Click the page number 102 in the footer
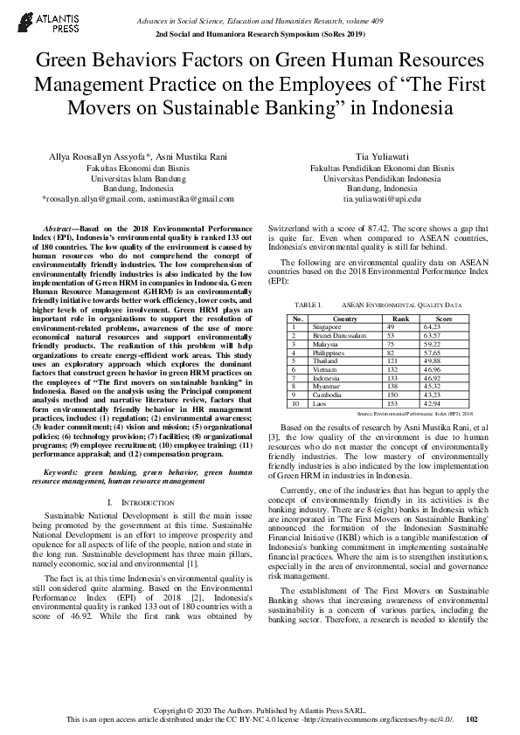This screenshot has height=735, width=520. click(x=472, y=719)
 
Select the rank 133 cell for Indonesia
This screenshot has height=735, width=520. click(x=392, y=379)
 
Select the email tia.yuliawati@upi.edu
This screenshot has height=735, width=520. click(x=382, y=199)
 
